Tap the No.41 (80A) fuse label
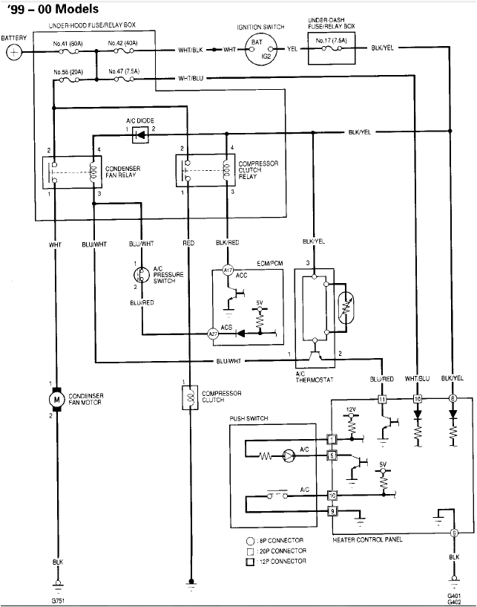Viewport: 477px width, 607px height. (x=67, y=43)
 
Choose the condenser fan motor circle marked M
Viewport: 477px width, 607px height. (x=55, y=400)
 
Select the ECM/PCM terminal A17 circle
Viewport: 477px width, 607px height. (x=228, y=271)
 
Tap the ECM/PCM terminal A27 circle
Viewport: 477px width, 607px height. (x=213, y=334)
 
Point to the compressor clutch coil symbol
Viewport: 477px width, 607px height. (x=190, y=396)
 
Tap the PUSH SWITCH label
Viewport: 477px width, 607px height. (x=249, y=419)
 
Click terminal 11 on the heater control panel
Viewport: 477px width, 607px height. (x=382, y=399)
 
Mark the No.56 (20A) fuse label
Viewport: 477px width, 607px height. (x=67, y=72)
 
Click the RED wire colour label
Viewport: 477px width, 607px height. (x=188, y=242)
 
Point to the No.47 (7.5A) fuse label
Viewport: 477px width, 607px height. (x=123, y=71)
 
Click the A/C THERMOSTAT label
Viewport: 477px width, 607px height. (x=310, y=377)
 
